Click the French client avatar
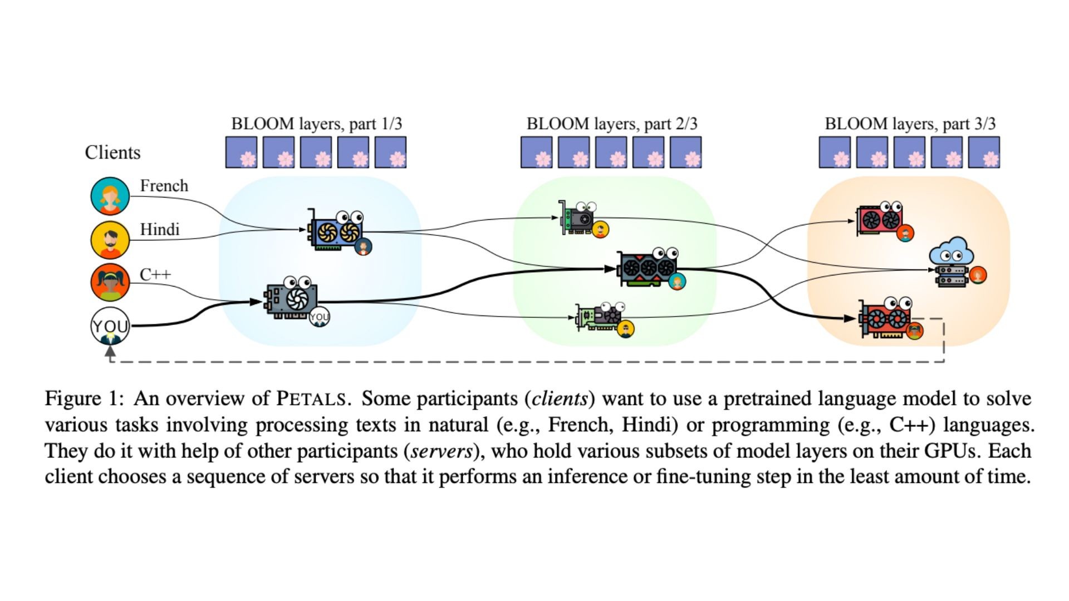pyautogui.click(x=110, y=196)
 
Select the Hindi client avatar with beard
pyautogui.click(x=110, y=240)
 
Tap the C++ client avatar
pyautogui.click(x=110, y=283)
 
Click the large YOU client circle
pyautogui.click(x=110, y=326)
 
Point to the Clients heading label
pyautogui.click(x=112, y=152)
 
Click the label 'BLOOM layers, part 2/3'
pyautogui.click(x=611, y=124)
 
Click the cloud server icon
pyautogui.click(x=951, y=262)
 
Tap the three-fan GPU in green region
pyautogui.click(x=649, y=268)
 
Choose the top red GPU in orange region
pyautogui.click(x=880, y=219)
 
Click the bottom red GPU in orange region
pyautogui.click(x=885, y=319)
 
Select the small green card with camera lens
pyautogui.click(x=577, y=218)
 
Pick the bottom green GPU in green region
pyautogui.click(x=600, y=317)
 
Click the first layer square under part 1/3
pyautogui.click(x=241, y=152)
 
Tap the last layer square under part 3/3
pyautogui.click(x=984, y=152)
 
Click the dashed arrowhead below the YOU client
pyautogui.click(x=110, y=352)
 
